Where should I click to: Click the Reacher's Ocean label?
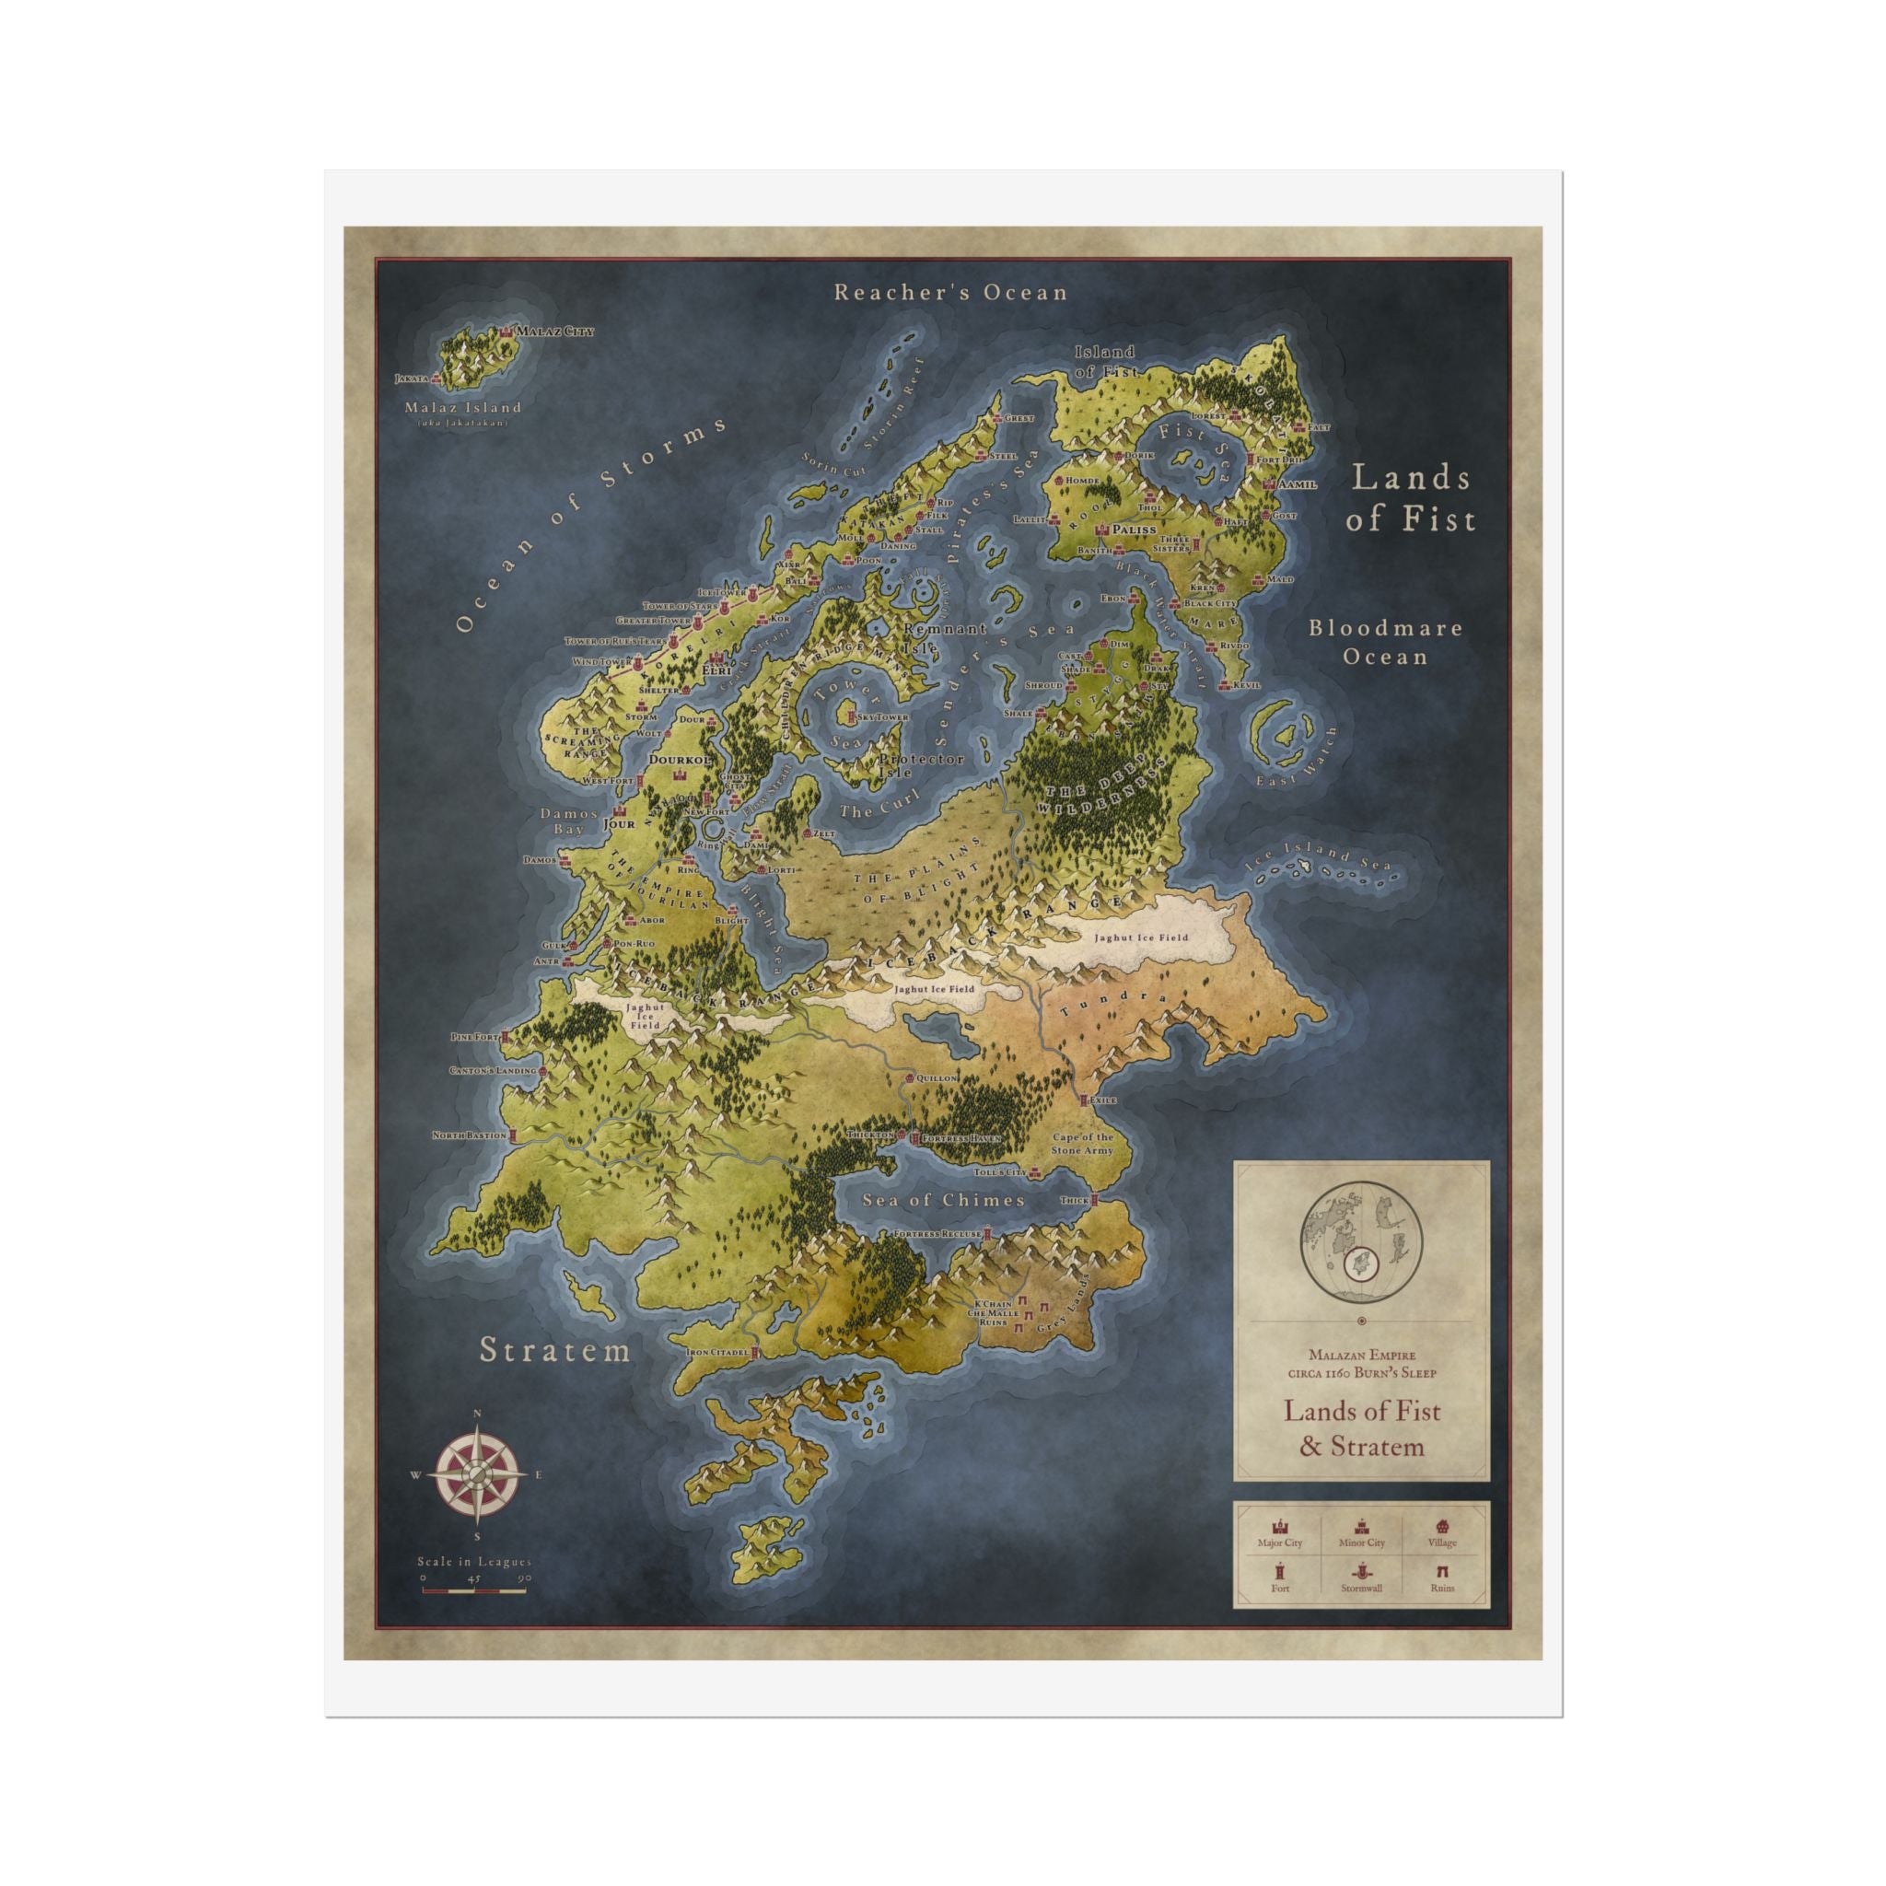(949, 292)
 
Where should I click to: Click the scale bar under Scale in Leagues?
(473, 1591)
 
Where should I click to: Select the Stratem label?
(555, 1350)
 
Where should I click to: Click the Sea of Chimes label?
(943, 1200)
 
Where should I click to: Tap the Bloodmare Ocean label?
(1385, 641)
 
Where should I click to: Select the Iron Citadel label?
(717, 1352)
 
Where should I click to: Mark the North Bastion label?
(470, 1135)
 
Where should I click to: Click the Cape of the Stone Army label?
(1083, 1144)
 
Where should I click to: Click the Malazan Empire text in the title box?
(1362, 1355)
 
